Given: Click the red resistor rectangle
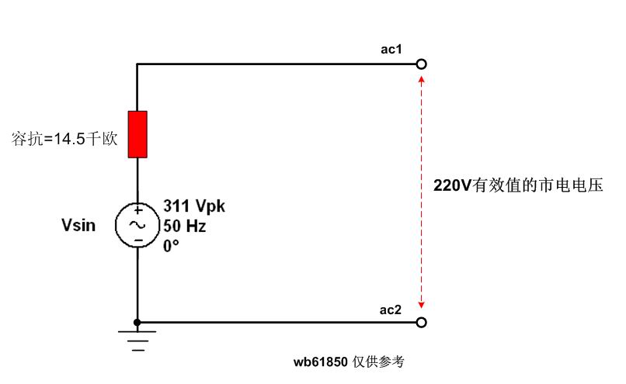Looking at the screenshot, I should (x=137, y=133).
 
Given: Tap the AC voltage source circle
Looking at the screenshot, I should (x=137, y=225).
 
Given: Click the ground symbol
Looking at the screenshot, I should (x=137, y=339).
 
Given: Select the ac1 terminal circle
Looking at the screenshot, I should (x=421, y=64).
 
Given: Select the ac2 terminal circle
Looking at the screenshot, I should (x=421, y=322).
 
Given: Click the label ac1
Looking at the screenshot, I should (x=391, y=50).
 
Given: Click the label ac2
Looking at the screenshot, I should (x=391, y=310).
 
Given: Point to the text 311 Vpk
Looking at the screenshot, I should (x=193, y=206).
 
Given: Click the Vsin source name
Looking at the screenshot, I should (x=79, y=226).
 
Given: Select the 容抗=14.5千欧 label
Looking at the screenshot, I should (x=64, y=140).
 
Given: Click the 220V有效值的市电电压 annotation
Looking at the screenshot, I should (x=518, y=186).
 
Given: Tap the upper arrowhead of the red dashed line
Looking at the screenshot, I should (x=421, y=78).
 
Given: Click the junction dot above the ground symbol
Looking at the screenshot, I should (x=137, y=322).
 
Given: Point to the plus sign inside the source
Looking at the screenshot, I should (x=137, y=210).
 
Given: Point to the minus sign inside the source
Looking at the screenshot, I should (x=137, y=240).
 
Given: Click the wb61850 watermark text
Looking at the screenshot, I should (x=349, y=362).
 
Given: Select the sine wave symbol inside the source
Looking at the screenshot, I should (x=137, y=225).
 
